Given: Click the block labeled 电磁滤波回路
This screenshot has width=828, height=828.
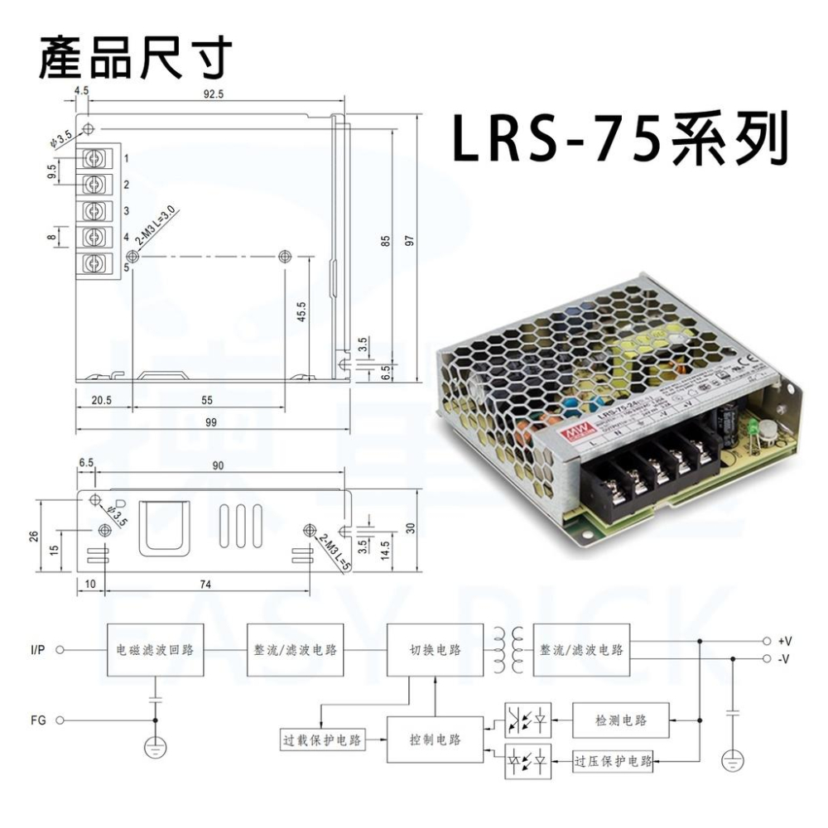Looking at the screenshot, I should (x=155, y=649).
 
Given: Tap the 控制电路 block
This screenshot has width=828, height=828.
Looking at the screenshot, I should (x=436, y=739).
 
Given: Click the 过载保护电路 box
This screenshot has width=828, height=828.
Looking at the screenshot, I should (x=320, y=740).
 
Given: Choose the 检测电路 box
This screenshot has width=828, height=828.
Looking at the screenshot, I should (x=621, y=721).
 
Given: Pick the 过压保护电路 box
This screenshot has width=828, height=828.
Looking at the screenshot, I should (x=614, y=760).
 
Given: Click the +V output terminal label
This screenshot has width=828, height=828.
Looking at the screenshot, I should (x=785, y=641).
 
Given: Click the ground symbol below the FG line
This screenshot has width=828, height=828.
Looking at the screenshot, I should (x=155, y=748).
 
